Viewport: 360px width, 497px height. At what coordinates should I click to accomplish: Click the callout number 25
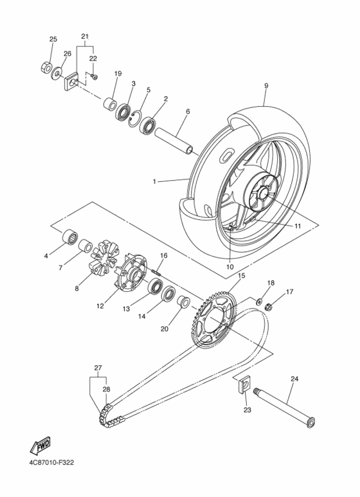tap(53, 39)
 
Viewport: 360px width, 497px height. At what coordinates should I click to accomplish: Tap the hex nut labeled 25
tap(47, 66)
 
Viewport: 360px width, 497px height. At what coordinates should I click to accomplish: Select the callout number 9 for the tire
tap(265, 85)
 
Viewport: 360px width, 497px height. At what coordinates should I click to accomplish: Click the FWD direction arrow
tap(40, 446)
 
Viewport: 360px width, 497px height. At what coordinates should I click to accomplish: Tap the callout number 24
tap(294, 379)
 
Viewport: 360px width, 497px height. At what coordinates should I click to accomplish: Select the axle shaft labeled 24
tap(283, 406)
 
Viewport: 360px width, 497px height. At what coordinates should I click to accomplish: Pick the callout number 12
tap(100, 306)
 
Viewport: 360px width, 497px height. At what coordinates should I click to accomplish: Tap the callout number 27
tap(98, 368)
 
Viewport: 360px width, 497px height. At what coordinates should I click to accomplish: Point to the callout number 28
tap(106, 389)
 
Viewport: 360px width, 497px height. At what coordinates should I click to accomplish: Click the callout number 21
tap(85, 36)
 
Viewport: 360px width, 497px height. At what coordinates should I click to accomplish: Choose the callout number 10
tap(230, 266)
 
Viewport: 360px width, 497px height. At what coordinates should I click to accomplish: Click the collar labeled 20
tap(183, 302)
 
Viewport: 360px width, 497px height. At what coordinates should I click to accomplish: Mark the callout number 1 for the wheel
tap(155, 182)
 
